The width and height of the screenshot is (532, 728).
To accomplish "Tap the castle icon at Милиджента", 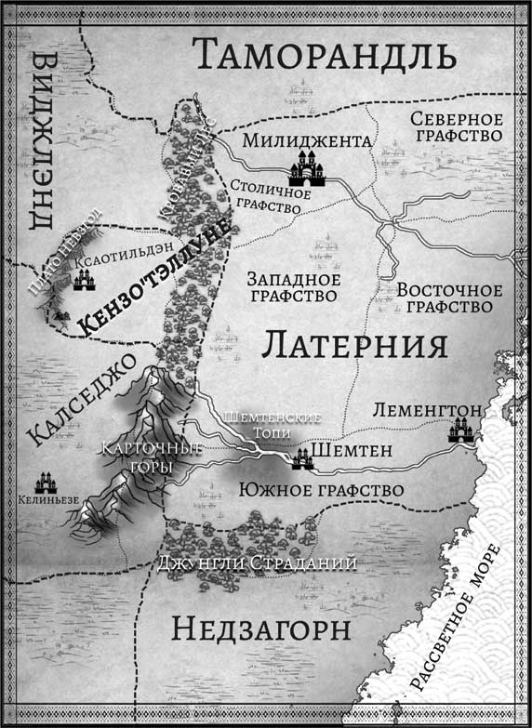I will [x=307, y=169].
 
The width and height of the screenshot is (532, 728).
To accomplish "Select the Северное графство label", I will [x=456, y=126].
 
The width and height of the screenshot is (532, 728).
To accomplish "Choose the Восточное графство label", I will [x=449, y=297].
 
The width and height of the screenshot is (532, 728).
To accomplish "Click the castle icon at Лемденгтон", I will [x=460, y=430].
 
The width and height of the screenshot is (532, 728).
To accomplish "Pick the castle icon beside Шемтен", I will [x=302, y=458].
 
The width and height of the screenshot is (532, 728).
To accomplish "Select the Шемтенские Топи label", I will [x=275, y=425].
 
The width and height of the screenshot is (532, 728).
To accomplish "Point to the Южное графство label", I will [x=320, y=489].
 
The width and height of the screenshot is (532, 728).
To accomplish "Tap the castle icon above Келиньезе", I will [x=46, y=483].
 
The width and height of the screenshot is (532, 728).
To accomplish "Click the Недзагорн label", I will [x=261, y=629].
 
